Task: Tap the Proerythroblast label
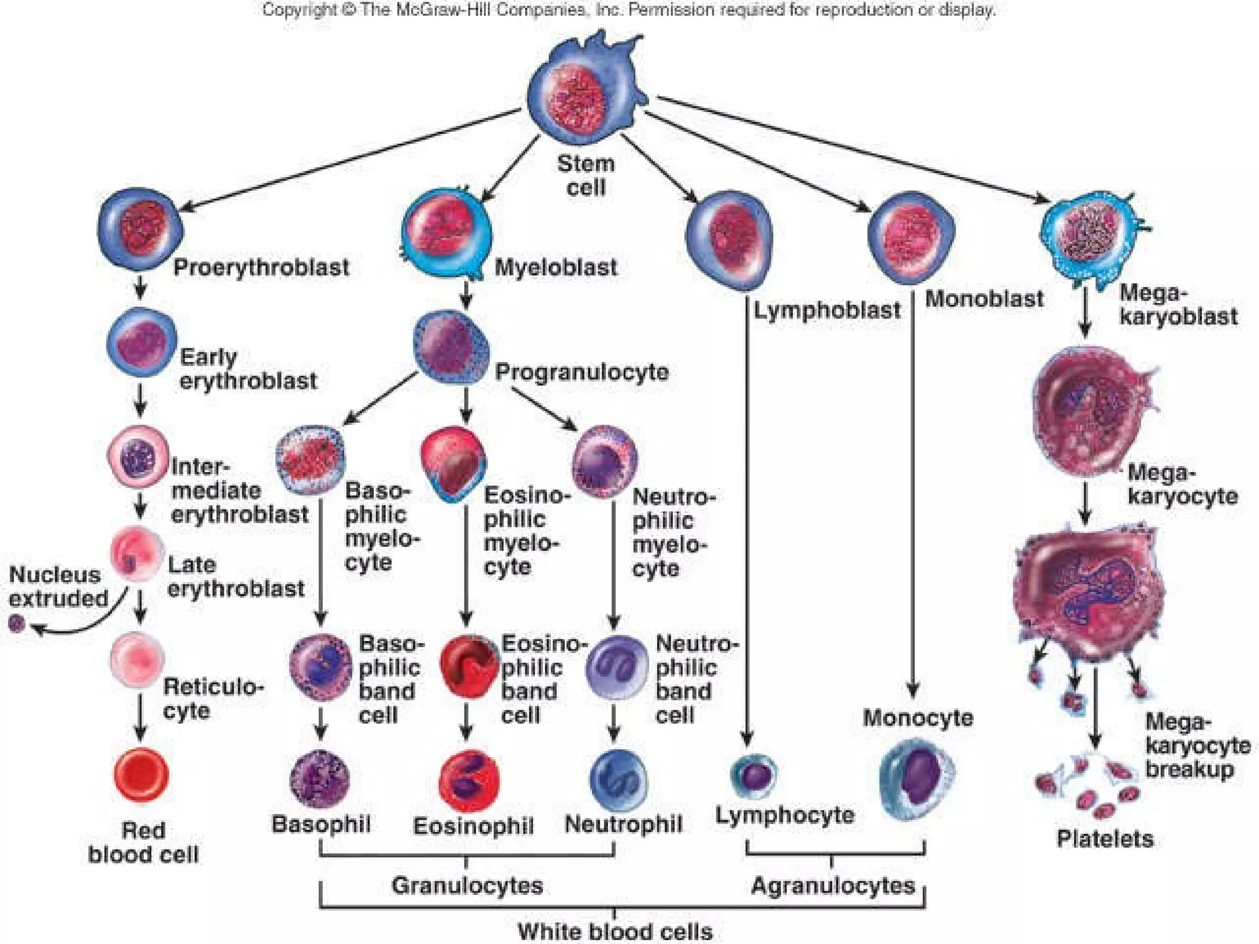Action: (261, 267)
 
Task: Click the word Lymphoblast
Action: (827, 310)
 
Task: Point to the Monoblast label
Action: (984, 299)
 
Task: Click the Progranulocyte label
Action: (582, 372)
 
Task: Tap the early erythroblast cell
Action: (141, 342)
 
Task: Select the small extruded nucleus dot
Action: (17, 624)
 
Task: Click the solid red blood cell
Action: (141, 775)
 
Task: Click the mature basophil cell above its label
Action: (320, 779)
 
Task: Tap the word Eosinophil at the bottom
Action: (473, 826)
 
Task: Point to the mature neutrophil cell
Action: (617, 779)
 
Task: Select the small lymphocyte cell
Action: (754, 776)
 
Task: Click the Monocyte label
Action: (918, 718)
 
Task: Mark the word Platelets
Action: (1105, 839)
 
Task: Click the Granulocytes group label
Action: (467, 886)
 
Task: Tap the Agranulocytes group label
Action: (833, 886)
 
